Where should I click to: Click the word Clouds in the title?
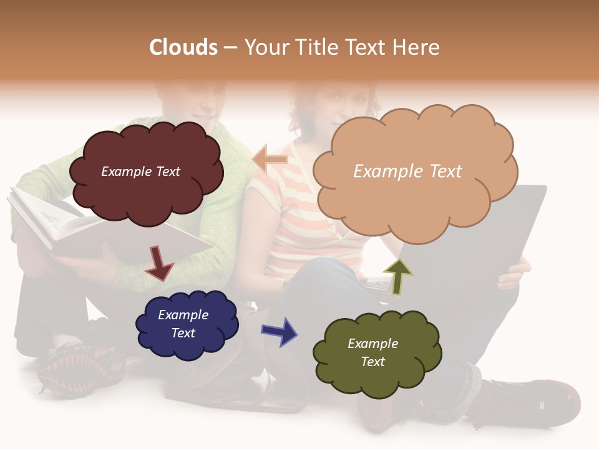183,47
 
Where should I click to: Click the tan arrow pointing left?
270,160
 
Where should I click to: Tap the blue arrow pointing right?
280,331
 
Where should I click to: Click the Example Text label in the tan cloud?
407,171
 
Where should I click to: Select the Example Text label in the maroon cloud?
140,171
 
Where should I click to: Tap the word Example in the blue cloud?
183,315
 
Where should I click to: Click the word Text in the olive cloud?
373,362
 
